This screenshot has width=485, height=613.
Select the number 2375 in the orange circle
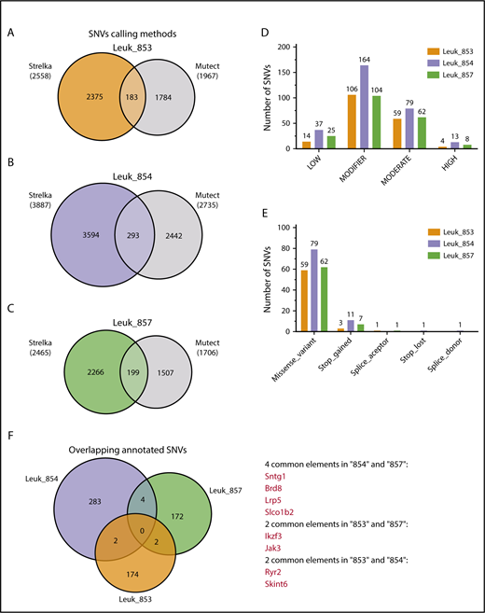pos(98,96)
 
